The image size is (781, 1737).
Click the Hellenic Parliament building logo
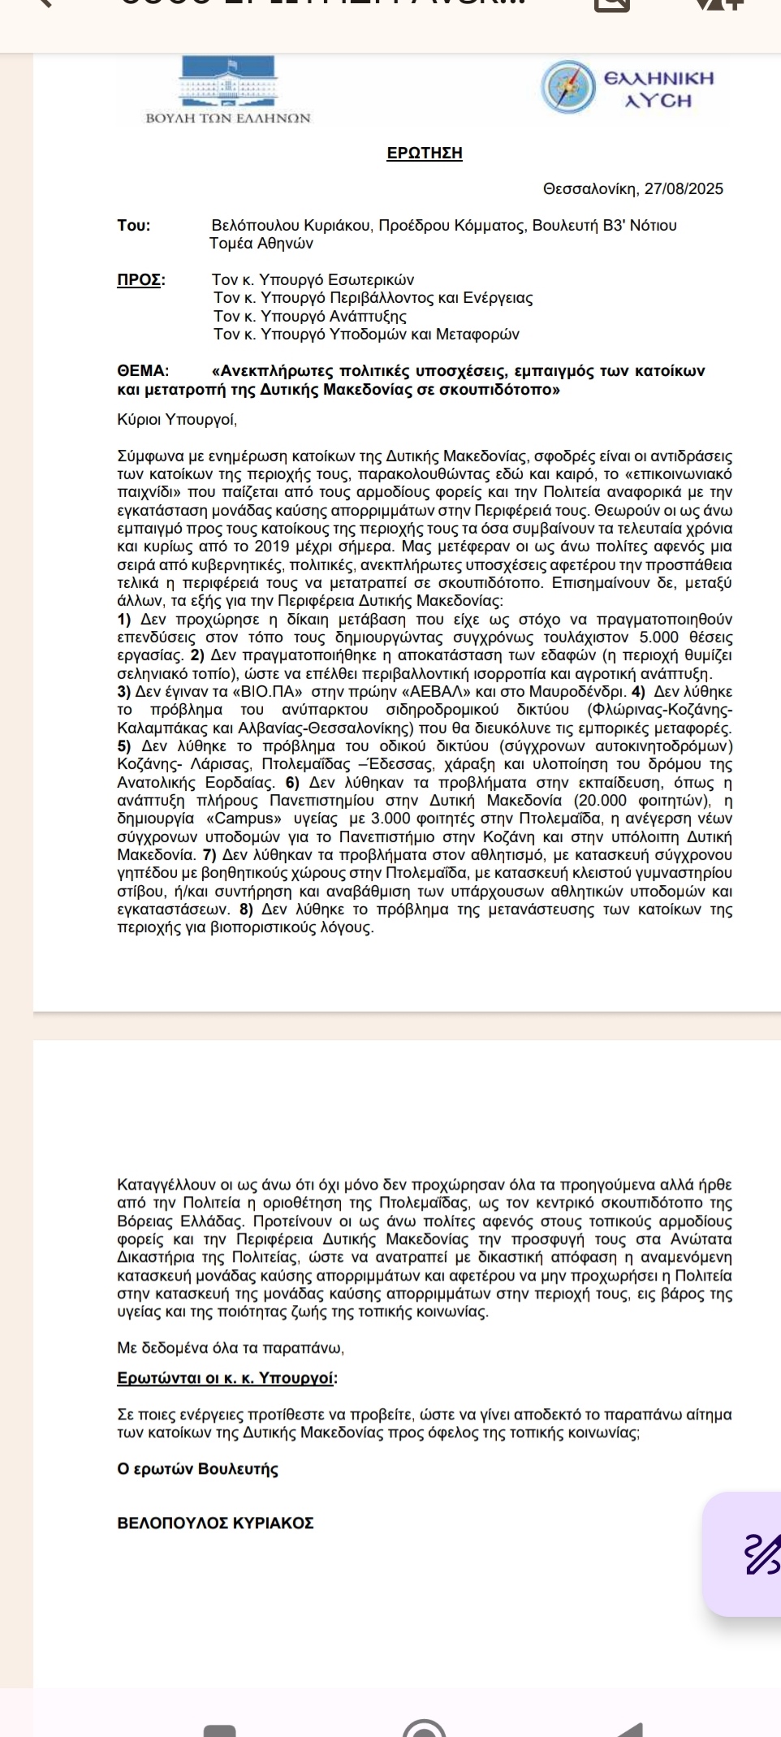pyautogui.click(x=228, y=81)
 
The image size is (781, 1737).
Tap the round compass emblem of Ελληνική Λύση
pyautogui.click(x=568, y=87)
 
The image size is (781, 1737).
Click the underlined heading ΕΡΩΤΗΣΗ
pyautogui.click(x=425, y=153)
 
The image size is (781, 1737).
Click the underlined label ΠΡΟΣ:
pyautogui.click(x=141, y=280)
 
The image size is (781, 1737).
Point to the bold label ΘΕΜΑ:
pyautogui.click(x=144, y=371)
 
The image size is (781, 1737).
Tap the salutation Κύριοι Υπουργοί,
pyautogui.click(x=177, y=420)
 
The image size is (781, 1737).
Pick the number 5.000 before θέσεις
pyautogui.click(x=658, y=637)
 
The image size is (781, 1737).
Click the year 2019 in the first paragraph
pyautogui.click(x=272, y=547)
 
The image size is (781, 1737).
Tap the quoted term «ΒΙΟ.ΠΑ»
pyautogui.click(x=268, y=692)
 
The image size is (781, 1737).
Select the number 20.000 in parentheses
pyautogui.click(x=601, y=801)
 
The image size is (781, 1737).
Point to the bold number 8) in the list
pyautogui.click(x=246, y=910)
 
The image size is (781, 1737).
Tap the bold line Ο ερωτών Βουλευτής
pyautogui.click(x=198, y=1469)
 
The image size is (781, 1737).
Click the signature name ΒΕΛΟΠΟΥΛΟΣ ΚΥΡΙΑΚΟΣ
pyautogui.click(x=216, y=1523)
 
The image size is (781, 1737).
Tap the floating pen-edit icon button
pyautogui.click(x=762, y=1554)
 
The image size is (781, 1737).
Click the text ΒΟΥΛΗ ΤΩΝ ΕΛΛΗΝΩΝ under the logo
pyautogui.click(x=228, y=119)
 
